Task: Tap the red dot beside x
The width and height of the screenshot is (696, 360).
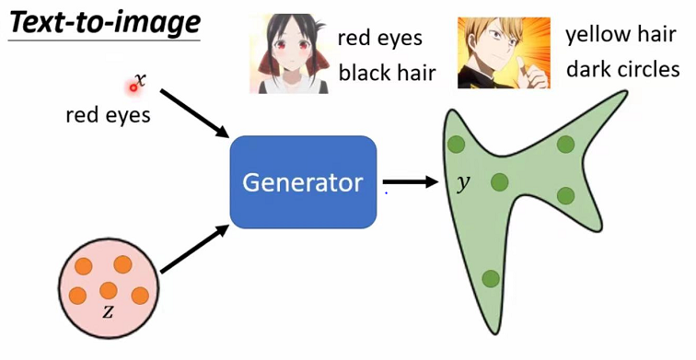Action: [133, 87]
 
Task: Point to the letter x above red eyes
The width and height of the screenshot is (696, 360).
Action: [140, 79]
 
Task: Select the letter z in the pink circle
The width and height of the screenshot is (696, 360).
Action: [108, 311]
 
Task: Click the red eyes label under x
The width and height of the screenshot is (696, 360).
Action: [108, 116]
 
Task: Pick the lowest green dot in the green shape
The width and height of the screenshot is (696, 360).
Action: [491, 279]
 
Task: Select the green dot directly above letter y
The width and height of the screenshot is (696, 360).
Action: [455, 144]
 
